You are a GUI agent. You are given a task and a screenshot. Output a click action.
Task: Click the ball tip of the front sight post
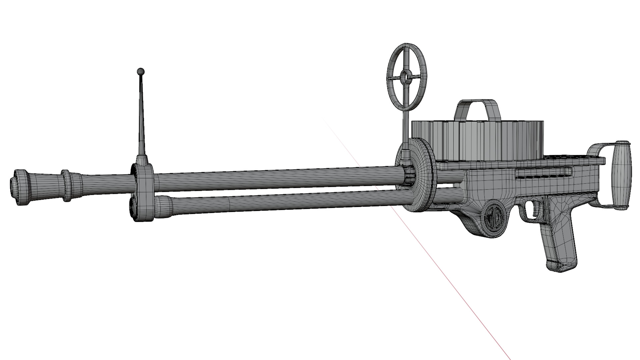(x=141, y=71)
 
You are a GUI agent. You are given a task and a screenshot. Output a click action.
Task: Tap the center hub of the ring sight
(x=405, y=77)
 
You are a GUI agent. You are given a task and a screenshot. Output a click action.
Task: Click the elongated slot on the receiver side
(x=543, y=174)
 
